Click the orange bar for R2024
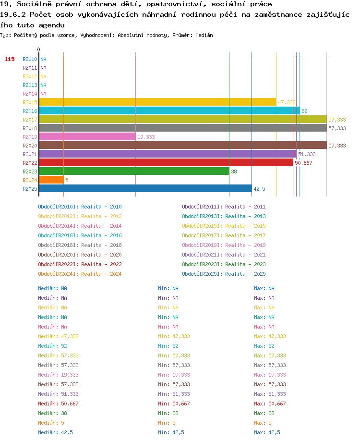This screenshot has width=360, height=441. [51, 180]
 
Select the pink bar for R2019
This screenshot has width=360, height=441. [87, 137]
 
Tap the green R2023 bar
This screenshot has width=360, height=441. [134, 171]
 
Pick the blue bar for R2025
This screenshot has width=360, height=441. [145, 189]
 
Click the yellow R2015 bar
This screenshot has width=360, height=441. [157, 102]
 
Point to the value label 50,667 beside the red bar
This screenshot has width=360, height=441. [303, 163]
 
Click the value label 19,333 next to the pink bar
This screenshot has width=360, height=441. [146, 137]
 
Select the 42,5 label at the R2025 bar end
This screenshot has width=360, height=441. [259, 189]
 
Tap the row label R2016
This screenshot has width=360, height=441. [30, 111]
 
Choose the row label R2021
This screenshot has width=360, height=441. [30, 154]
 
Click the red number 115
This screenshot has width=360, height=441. [10, 59]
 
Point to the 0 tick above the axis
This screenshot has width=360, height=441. [38, 49]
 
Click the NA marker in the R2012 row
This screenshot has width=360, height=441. [43, 76]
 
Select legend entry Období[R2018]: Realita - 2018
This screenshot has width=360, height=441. [80, 245]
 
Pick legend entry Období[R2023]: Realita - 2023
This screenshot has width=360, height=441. [224, 264]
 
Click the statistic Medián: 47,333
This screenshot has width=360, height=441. [58, 336]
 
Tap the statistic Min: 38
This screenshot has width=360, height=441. [168, 413]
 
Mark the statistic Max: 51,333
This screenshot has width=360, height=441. [270, 394]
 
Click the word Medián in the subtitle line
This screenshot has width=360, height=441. [204, 35]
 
